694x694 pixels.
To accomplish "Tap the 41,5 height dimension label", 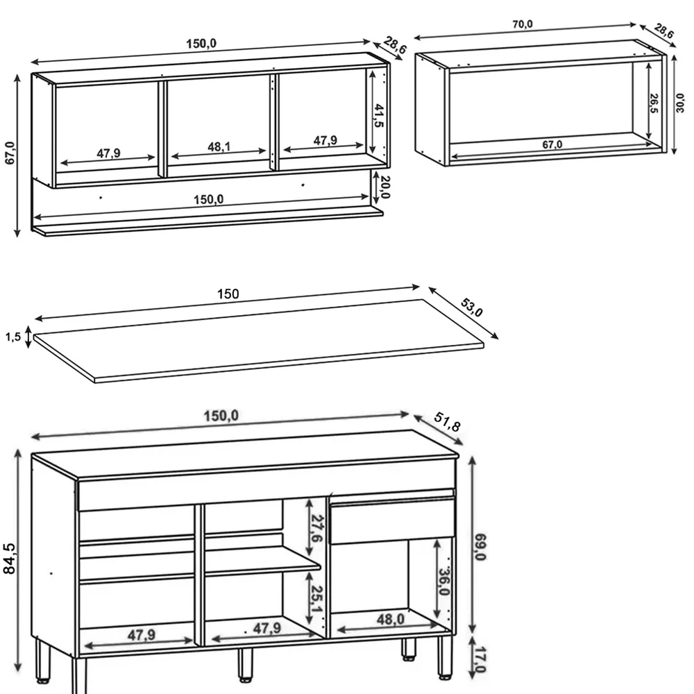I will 378,115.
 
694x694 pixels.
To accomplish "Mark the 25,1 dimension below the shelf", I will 316,598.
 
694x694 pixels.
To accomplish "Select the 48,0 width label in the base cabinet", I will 389,618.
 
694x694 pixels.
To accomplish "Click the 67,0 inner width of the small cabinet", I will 552,144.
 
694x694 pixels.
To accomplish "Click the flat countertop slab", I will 257,340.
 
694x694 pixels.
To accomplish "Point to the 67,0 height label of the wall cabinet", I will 10,153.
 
